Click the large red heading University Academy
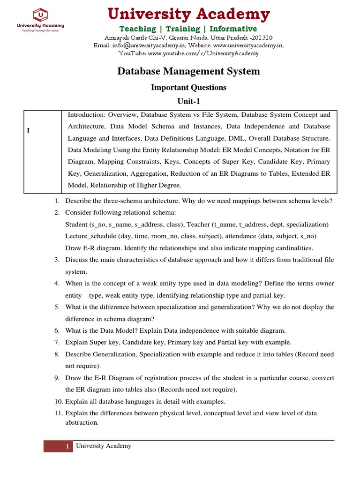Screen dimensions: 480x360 coord(188,15)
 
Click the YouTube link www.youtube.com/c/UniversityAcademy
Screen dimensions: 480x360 coord(203,54)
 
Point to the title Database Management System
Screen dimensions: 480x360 coord(188,71)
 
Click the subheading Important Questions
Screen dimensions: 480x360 coord(188,87)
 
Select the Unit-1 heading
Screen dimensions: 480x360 coord(188,101)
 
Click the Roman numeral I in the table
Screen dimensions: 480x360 coord(29,130)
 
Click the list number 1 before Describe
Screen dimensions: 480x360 coord(56,201)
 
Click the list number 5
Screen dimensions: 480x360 coord(56,307)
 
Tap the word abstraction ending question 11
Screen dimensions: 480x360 coord(82,422)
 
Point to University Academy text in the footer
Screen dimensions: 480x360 coord(104,446)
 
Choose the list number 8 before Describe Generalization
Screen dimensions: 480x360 coord(56,354)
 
